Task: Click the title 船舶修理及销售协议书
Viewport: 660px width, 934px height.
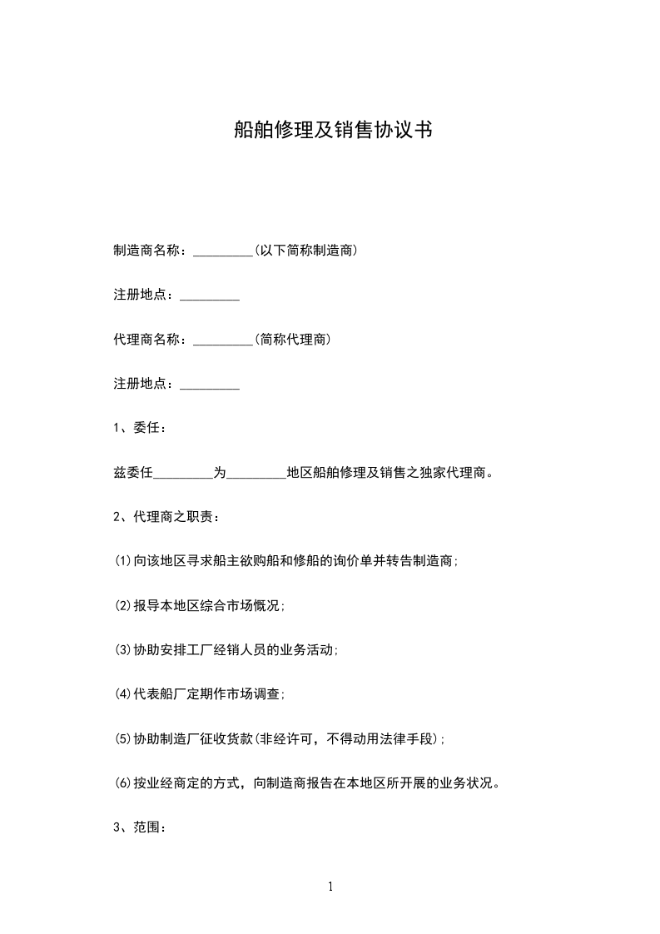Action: coord(332,130)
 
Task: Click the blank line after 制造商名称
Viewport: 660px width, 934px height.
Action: coord(223,251)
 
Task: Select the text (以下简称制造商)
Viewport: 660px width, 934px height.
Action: coord(306,251)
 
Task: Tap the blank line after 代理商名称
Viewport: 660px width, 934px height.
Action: coord(223,340)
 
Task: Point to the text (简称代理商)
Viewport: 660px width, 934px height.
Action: coord(293,340)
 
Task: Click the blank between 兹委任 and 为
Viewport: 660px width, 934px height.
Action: coord(184,474)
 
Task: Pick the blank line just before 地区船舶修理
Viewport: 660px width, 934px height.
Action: coord(256,474)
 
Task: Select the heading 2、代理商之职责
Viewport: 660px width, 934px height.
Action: coord(166,518)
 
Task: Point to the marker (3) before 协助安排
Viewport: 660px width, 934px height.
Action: coord(122,650)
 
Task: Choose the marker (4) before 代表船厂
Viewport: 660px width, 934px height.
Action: coord(122,694)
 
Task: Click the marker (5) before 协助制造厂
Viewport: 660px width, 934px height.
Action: coord(122,739)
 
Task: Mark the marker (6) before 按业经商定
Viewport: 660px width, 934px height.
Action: coord(122,783)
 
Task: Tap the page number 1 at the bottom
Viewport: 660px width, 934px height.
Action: coord(330,887)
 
